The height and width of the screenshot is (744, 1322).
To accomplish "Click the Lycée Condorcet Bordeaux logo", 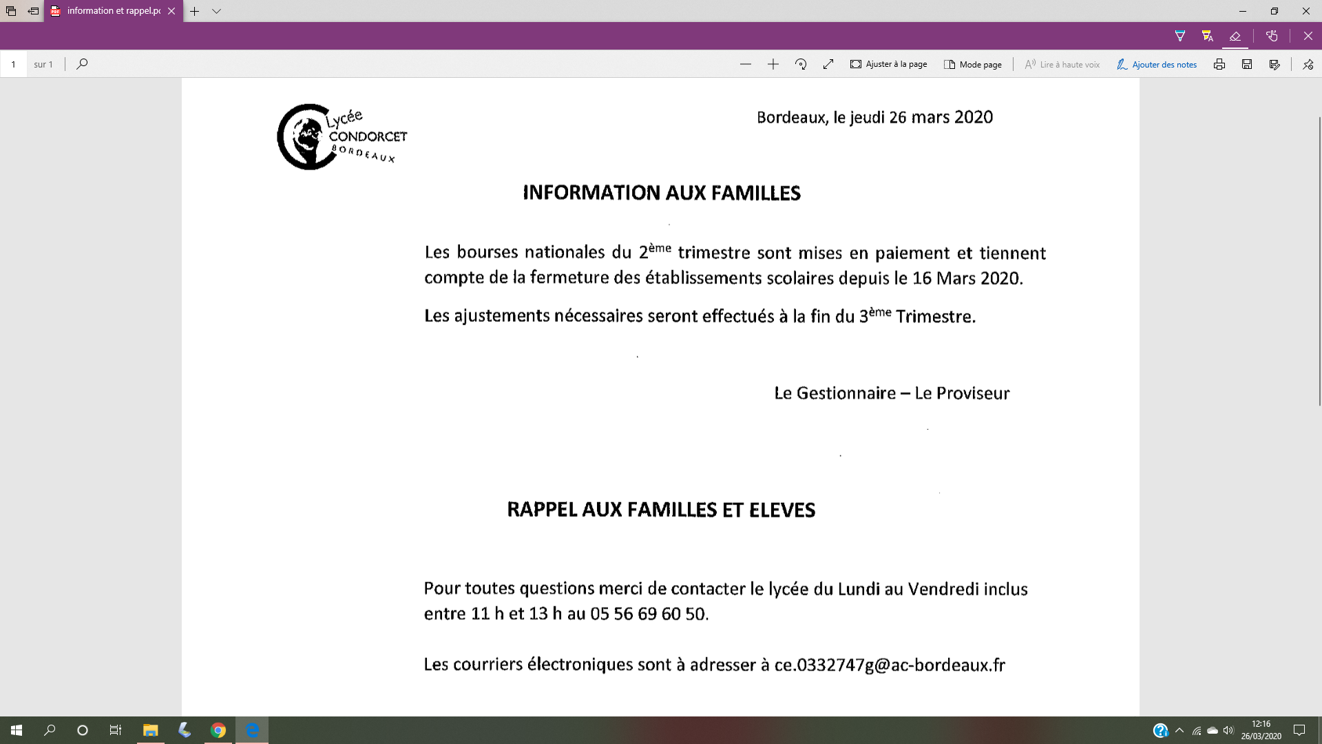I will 341,137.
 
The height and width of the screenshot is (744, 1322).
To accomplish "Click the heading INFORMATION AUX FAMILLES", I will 661,193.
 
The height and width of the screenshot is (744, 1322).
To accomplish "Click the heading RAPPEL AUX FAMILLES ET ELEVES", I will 661,510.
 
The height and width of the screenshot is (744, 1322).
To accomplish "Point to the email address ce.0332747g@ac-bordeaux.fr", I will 890,665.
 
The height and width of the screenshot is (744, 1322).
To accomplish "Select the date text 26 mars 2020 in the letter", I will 941,117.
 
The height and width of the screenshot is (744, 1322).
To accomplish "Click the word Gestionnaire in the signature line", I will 846,393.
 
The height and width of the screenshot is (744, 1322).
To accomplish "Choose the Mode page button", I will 972,64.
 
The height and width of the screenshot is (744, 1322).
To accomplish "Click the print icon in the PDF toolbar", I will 1219,64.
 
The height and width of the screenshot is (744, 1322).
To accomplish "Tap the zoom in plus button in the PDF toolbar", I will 773,64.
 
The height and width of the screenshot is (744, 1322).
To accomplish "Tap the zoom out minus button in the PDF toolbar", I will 746,64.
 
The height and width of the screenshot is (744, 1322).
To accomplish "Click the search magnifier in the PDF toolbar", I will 82,64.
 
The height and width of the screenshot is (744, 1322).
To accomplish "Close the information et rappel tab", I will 171,11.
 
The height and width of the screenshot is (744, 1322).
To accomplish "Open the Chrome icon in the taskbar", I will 218,730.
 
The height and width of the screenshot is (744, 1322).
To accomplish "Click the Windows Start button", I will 17,730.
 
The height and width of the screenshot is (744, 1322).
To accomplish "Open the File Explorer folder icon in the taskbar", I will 150,730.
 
